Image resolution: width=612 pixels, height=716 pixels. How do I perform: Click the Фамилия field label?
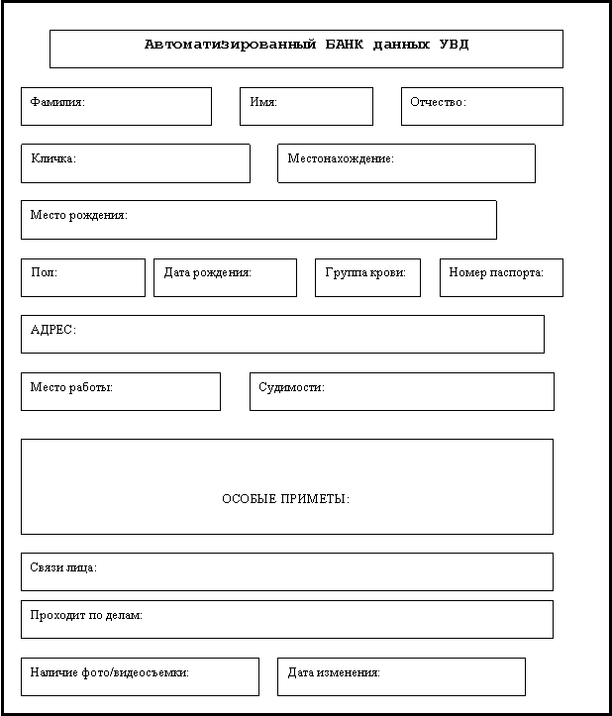(57, 102)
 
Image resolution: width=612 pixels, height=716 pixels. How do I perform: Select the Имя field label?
(263, 102)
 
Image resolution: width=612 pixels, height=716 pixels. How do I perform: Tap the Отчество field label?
(438, 102)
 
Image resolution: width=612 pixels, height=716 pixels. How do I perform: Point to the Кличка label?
(53, 158)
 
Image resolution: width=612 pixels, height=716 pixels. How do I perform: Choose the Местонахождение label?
(341, 158)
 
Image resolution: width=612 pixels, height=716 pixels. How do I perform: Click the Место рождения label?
(78, 215)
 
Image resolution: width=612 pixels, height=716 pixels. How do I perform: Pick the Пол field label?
(44, 272)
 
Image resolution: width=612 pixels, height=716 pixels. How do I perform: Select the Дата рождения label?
(207, 272)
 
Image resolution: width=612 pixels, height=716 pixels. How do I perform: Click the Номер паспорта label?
(496, 272)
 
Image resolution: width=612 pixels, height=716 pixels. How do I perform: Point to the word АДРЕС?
(53, 330)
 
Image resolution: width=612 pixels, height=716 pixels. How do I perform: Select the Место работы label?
(71, 387)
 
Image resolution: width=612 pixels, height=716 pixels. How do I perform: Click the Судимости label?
(291, 387)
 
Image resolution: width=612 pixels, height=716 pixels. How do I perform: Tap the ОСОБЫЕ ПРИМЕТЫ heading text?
(285, 498)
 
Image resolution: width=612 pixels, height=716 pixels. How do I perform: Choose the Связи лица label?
(63, 567)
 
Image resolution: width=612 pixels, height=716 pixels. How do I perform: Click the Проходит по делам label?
(86, 615)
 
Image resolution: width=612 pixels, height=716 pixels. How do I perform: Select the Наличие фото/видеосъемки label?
(109, 671)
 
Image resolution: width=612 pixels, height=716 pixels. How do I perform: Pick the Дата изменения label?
(334, 671)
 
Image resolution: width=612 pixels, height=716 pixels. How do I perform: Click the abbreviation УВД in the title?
(452, 45)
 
